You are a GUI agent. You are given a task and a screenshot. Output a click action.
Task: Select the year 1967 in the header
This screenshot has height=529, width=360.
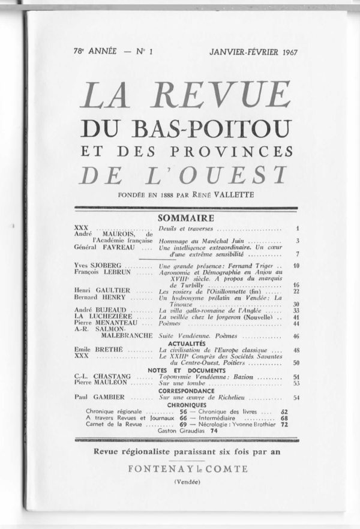[287, 52]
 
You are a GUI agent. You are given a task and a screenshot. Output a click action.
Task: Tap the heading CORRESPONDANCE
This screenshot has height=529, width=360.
[186, 390]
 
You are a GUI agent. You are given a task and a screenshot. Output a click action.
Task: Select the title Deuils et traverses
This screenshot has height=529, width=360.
[186, 229]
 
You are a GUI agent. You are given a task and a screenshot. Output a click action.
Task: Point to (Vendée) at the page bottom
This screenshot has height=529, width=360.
[186, 482]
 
